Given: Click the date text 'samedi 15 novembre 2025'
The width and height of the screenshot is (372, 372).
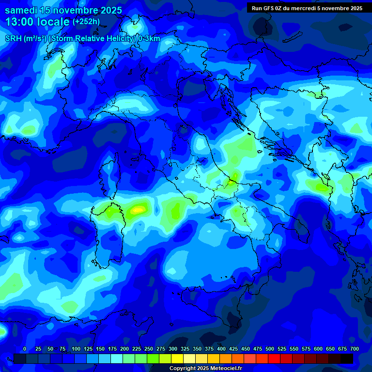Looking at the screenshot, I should pos(63,10).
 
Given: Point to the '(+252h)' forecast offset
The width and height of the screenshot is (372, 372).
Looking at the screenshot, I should pos(86,22).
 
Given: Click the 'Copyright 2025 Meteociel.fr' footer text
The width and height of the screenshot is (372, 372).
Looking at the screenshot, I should pos(205,368).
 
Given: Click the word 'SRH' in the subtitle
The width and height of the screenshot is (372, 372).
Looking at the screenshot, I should pos(13,39).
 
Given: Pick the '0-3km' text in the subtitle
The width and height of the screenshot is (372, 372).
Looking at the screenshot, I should pos(149,39).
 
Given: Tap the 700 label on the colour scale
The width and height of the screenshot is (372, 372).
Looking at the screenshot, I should pos(354,349).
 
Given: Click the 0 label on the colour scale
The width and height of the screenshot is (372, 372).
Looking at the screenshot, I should pos(25,349).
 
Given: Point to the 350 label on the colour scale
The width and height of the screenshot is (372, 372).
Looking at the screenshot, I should pos(197,349).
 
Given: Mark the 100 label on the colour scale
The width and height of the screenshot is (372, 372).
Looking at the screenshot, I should pos(76,349).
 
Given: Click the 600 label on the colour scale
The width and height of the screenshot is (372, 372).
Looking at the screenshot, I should pos(318,349).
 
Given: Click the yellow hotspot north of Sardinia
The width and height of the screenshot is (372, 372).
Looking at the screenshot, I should pos(139,210).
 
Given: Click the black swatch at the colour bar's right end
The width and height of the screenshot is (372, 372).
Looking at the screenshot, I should pos(347,358).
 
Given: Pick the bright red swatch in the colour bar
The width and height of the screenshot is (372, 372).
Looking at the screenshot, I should pos(274,358).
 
